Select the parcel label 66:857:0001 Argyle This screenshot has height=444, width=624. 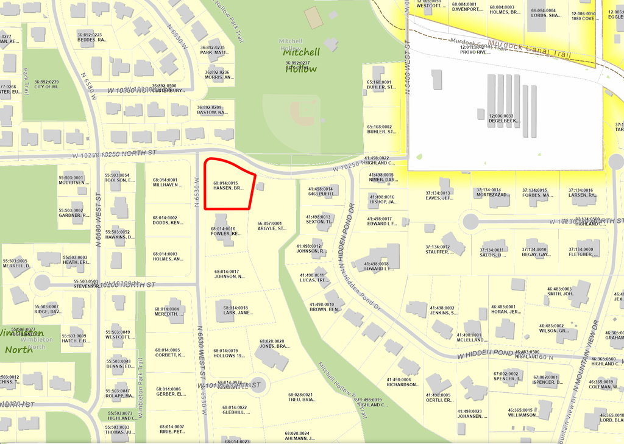pos(272,226)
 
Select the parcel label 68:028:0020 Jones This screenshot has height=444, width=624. pos(272,344)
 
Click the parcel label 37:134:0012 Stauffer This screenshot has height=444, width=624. pos(438,249)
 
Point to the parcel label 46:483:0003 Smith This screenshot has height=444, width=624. pos(559,291)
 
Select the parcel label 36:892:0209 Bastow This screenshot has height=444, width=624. pos(212,110)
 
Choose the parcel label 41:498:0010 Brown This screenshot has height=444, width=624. pos(325,307)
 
